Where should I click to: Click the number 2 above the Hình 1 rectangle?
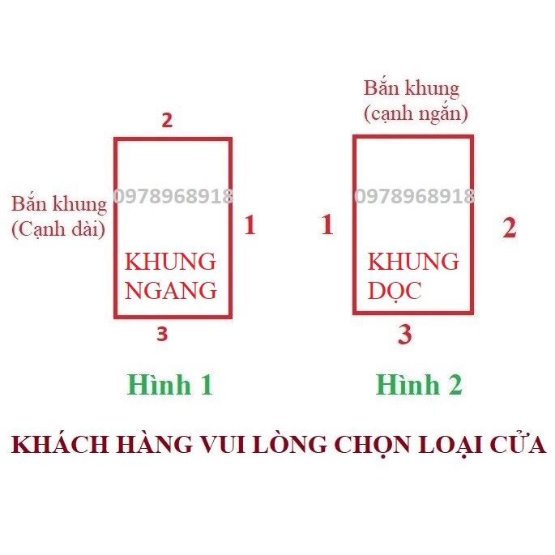167,120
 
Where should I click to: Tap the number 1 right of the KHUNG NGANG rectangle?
250,224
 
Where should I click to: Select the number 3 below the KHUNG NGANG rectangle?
162,334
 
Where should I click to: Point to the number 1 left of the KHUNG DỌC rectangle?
327,224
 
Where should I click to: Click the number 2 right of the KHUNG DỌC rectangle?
510,228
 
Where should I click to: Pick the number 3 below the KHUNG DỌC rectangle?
405,334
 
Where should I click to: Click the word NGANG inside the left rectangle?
171,291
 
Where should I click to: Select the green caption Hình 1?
170,384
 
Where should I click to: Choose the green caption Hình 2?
419,384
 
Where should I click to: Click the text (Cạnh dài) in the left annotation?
58,229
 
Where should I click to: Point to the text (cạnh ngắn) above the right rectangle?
416,114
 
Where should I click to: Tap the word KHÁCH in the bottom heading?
60,444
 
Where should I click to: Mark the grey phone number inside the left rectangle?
173,196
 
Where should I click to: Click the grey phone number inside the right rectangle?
414,196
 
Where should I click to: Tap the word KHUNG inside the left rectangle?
170,262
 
